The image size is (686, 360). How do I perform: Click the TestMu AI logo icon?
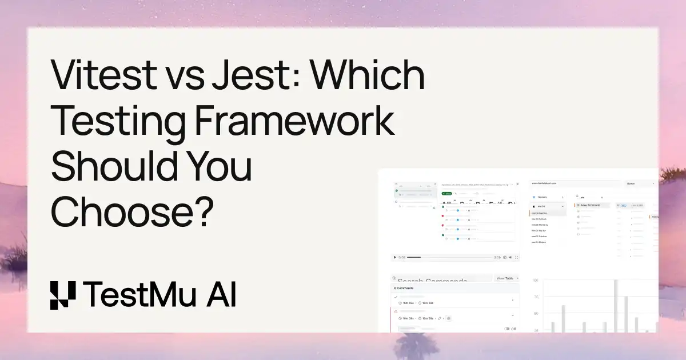click(x=63, y=295)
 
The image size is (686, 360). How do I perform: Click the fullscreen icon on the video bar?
click(x=517, y=258)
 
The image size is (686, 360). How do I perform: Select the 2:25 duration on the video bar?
click(x=497, y=258)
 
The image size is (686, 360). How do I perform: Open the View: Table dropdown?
click(x=508, y=278)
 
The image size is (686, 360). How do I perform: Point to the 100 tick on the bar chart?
click(x=536, y=281)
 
